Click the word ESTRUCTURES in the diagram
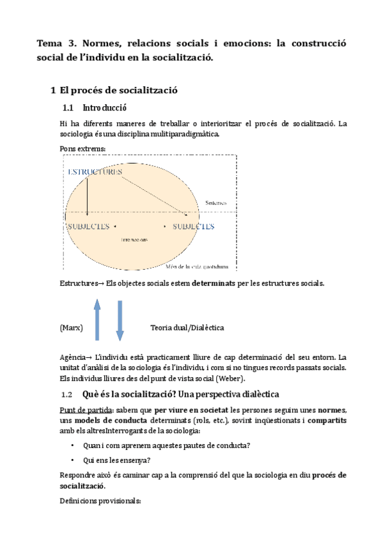coord(94,173)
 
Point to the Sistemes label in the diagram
coord(216,203)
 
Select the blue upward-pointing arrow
coord(97,320)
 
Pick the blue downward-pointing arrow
coord(120,320)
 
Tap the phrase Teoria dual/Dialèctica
coord(187,327)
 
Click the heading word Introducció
coord(106,107)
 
